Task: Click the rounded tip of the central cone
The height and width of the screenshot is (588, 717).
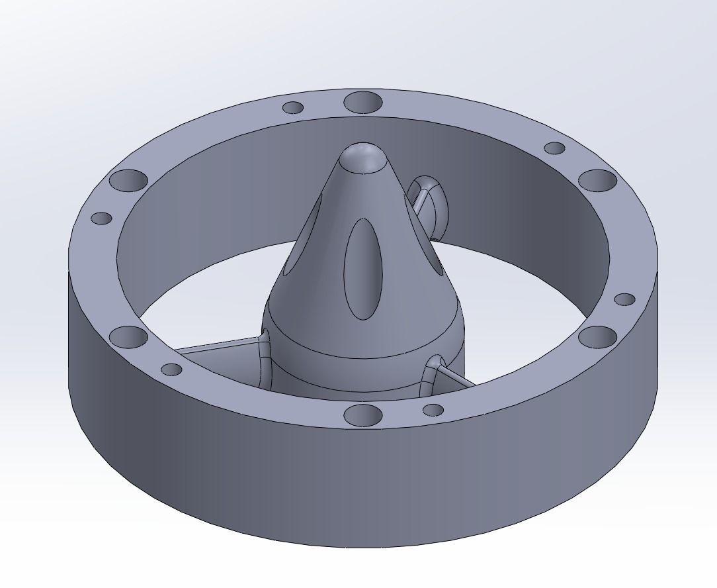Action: click(363, 158)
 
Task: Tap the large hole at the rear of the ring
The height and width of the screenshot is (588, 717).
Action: click(363, 102)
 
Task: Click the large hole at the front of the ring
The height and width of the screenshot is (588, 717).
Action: click(363, 415)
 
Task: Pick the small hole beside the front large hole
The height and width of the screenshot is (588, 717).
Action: click(433, 410)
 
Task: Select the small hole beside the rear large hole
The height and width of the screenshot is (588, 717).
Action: click(293, 107)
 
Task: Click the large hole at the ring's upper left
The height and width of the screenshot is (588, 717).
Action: click(128, 180)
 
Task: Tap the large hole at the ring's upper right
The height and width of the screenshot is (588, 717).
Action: click(597, 180)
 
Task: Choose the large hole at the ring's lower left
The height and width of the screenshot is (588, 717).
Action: click(128, 336)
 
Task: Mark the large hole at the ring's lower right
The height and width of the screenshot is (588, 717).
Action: click(597, 336)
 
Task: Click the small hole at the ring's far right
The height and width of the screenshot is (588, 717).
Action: click(624, 299)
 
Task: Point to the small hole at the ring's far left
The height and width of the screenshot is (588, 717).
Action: click(101, 218)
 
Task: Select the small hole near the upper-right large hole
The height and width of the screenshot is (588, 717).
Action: click(554, 148)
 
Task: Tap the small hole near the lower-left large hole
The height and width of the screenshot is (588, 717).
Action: click(171, 369)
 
